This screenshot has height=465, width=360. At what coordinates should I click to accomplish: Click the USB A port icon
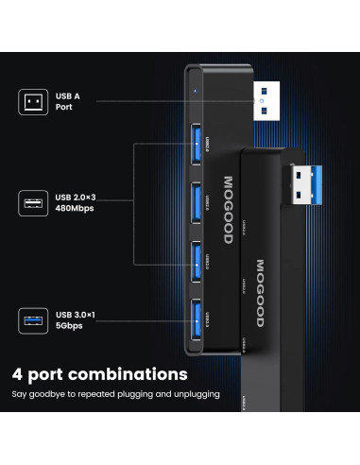coord(33,102)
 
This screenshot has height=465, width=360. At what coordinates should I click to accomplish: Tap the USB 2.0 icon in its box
coord(33,201)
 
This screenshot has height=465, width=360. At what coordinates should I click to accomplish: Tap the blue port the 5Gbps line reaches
coord(193,322)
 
